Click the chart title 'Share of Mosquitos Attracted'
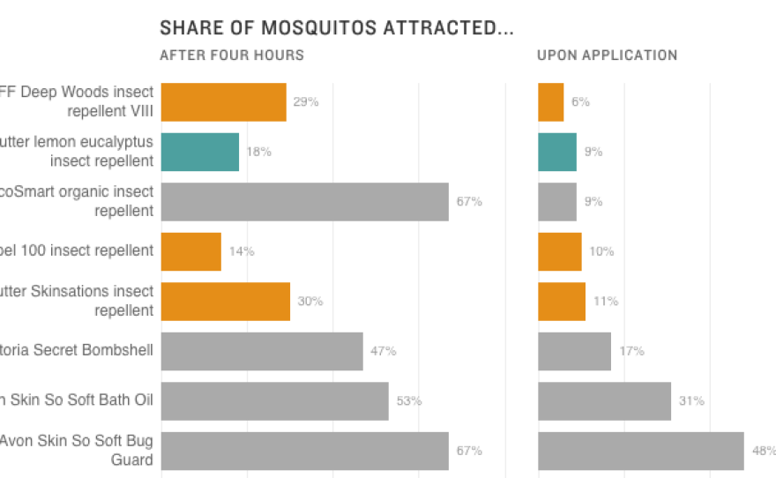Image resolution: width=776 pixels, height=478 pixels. click(x=336, y=27)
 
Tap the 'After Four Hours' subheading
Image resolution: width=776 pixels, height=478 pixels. click(x=232, y=55)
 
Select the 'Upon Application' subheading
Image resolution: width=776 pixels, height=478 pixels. click(x=607, y=55)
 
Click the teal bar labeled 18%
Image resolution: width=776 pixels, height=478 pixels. click(x=200, y=152)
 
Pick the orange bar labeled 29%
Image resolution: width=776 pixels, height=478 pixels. click(x=224, y=101)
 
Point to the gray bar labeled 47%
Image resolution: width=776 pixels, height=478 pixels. click(x=262, y=351)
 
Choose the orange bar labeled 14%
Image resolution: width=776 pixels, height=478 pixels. click(x=191, y=251)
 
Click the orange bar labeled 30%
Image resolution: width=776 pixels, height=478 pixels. click(x=226, y=301)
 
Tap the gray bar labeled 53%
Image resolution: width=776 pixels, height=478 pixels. click(x=275, y=401)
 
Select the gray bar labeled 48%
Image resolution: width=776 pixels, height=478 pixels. click(x=641, y=451)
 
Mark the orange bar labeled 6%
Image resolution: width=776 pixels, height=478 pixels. click(x=551, y=101)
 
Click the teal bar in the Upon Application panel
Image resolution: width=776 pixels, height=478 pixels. click(x=557, y=152)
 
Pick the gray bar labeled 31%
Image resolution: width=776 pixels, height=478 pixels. click(x=605, y=401)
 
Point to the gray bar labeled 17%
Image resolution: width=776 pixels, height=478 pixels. click(x=575, y=351)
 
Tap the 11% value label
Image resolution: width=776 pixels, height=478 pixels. click(x=606, y=302)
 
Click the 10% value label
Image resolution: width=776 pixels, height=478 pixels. click(x=601, y=251)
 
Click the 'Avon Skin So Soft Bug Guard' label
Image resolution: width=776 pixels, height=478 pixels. click(x=78, y=451)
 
